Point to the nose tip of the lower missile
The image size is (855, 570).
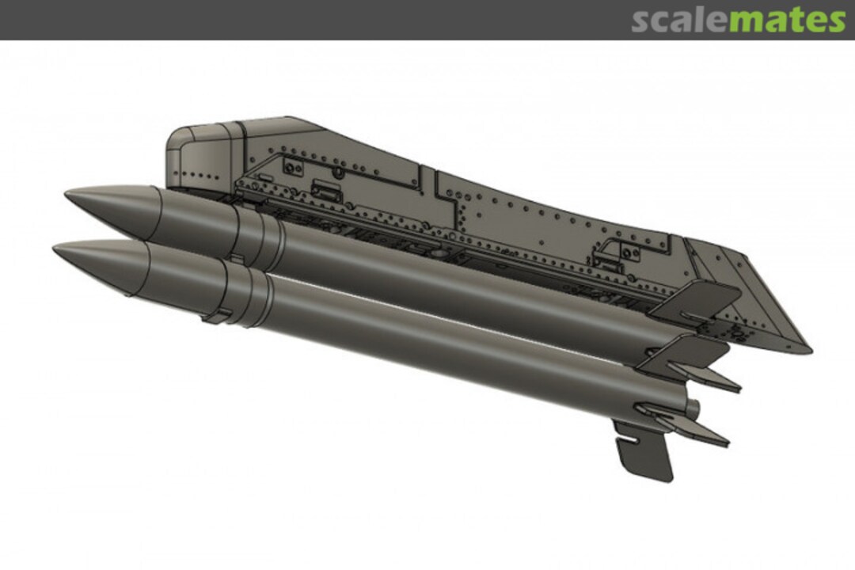click(x=55, y=249)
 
